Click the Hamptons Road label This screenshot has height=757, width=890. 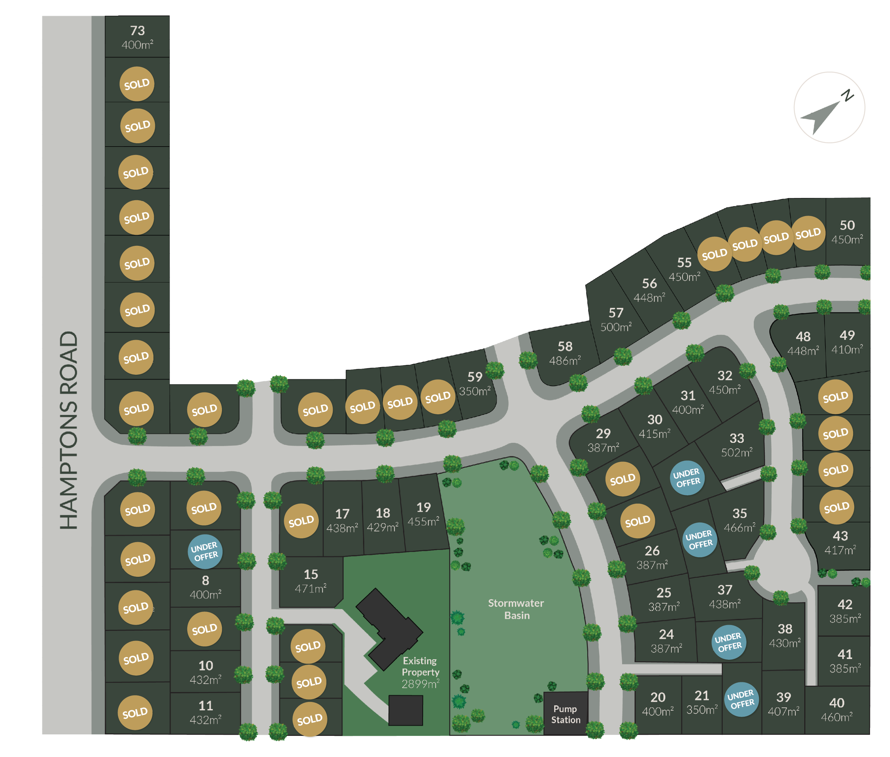point(69,430)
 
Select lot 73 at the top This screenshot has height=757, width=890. point(137,37)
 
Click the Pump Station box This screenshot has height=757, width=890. point(565,714)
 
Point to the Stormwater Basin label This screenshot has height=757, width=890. point(516,609)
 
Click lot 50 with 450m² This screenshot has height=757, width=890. point(847,232)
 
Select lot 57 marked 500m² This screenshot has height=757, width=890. point(616,319)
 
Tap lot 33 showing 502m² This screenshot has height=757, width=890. point(736,444)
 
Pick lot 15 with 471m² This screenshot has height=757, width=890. point(310,581)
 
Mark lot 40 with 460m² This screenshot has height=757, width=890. point(836,709)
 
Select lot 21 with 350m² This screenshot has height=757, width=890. point(702,702)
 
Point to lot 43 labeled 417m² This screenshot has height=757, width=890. point(840,542)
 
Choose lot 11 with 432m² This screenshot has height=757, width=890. point(205,713)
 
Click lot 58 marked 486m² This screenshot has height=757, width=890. point(565,353)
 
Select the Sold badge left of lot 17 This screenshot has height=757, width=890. point(301,521)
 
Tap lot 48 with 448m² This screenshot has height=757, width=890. point(803,343)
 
